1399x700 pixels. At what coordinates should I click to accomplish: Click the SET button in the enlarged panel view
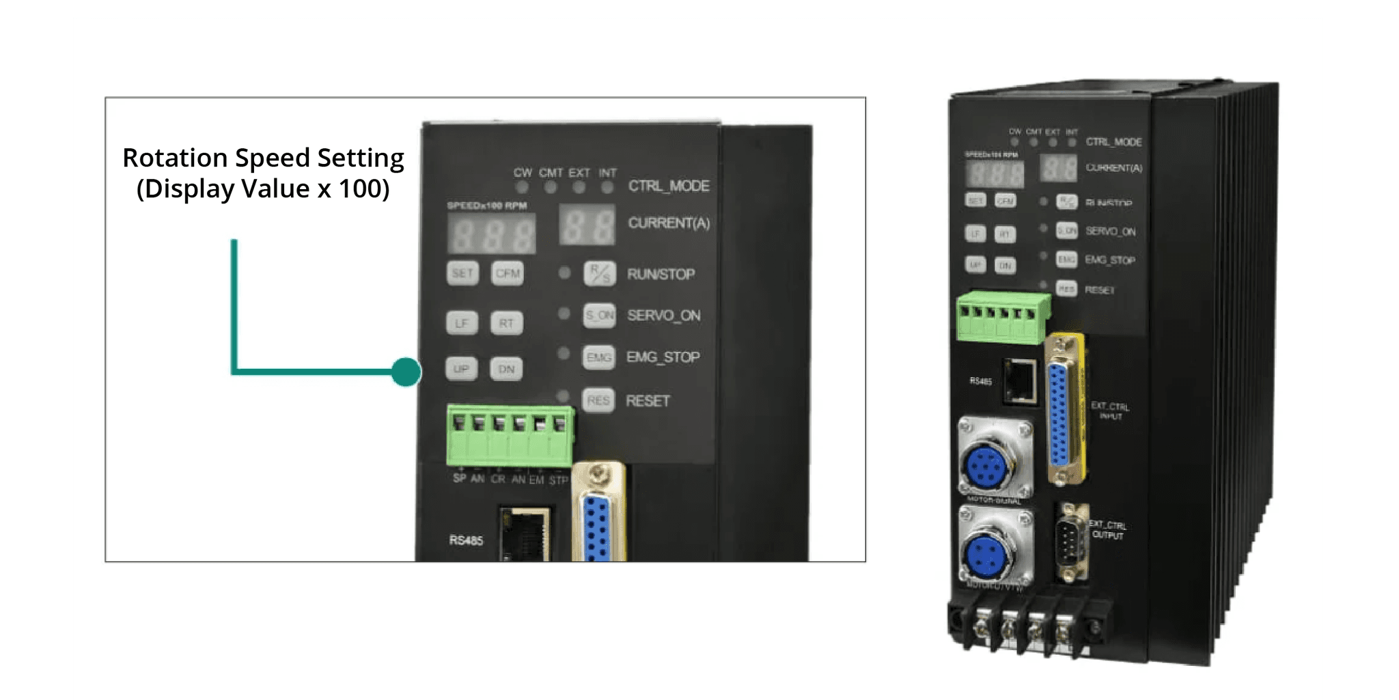(x=462, y=273)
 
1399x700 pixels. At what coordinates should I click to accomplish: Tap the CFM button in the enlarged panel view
(x=508, y=273)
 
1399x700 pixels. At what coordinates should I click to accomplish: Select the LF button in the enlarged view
(x=462, y=323)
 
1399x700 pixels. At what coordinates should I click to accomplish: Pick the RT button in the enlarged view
(x=506, y=323)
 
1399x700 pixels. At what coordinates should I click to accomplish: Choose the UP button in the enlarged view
(x=461, y=369)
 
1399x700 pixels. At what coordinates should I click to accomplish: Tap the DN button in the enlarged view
(x=506, y=369)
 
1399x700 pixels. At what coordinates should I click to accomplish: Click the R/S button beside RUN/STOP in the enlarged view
(x=600, y=274)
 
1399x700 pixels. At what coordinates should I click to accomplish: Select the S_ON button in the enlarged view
(x=599, y=316)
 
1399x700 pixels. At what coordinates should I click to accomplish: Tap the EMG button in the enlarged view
(x=599, y=357)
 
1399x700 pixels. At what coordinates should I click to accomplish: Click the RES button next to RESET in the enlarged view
(x=598, y=400)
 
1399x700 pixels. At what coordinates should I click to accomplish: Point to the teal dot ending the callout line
(x=406, y=372)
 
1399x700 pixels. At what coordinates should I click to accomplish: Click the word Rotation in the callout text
(x=175, y=158)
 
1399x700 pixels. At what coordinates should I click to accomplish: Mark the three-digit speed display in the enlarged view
(x=492, y=234)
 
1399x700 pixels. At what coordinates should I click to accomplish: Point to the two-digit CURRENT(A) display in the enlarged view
(x=587, y=225)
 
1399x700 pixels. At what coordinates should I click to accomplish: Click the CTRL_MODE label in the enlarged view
(x=669, y=186)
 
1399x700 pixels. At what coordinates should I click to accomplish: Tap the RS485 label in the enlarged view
(x=466, y=540)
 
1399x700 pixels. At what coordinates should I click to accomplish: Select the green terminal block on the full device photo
(x=1002, y=316)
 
